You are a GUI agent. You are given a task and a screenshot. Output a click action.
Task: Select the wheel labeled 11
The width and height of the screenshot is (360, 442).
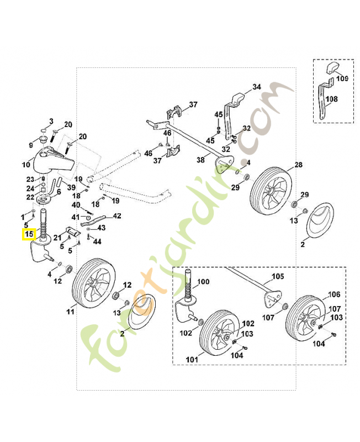pyautogui.click(x=92, y=286)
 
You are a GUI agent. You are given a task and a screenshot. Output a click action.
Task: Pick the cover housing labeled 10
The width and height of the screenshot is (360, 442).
pyautogui.click(x=52, y=159)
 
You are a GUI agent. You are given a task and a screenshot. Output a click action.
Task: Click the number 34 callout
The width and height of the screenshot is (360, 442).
pyautogui.click(x=256, y=87)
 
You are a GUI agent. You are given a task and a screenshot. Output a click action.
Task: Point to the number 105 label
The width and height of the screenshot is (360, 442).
pyautogui.click(x=276, y=276)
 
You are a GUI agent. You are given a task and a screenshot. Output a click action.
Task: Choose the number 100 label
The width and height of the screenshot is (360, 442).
pyautogui.click(x=203, y=282)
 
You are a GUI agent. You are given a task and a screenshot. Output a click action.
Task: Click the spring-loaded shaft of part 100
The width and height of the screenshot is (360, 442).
pyautogui.click(x=188, y=285)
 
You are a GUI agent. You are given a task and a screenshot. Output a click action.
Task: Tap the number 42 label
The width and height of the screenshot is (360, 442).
pyautogui.click(x=117, y=215)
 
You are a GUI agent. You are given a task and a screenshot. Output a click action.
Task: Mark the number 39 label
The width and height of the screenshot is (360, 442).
pyautogui.click(x=71, y=187)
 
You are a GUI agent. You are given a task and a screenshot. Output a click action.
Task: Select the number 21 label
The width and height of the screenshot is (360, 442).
pyautogui.click(x=57, y=237)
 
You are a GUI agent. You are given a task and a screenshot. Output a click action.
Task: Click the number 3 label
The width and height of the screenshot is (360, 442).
pyautogui.click(x=51, y=121)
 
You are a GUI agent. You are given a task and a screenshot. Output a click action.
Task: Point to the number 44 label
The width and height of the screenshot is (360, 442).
pyautogui.click(x=97, y=242)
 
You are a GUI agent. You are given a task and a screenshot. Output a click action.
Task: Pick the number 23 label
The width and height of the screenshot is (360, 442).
pyautogui.click(x=30, y=180)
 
